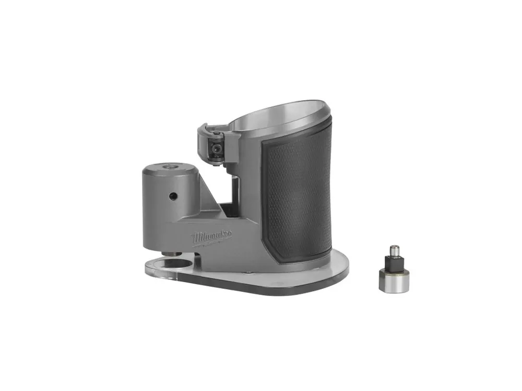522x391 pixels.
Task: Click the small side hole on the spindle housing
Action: (x=173, y=196)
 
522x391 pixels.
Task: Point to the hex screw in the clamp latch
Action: (x=217, y=148)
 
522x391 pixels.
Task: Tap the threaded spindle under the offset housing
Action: (x=172, y=254)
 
